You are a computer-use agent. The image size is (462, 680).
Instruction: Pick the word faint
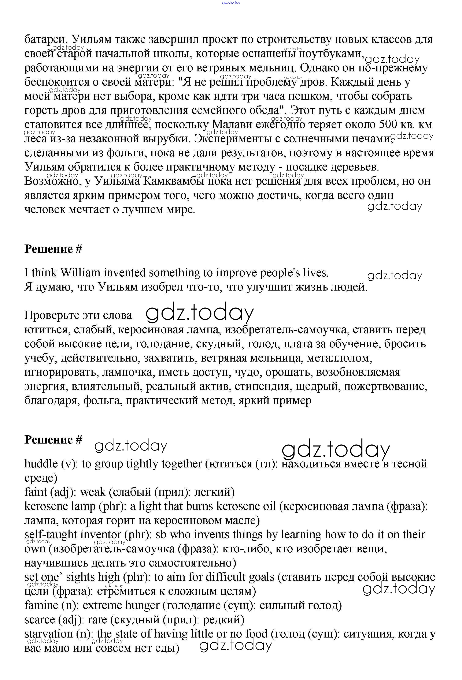pyautogui.click(x=36, y=492)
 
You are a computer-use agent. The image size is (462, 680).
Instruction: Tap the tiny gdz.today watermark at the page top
pyautogui.click(x=231, y=3)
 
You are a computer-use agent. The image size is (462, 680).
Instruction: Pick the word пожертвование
pyautogui.click(x=385, y=386)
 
